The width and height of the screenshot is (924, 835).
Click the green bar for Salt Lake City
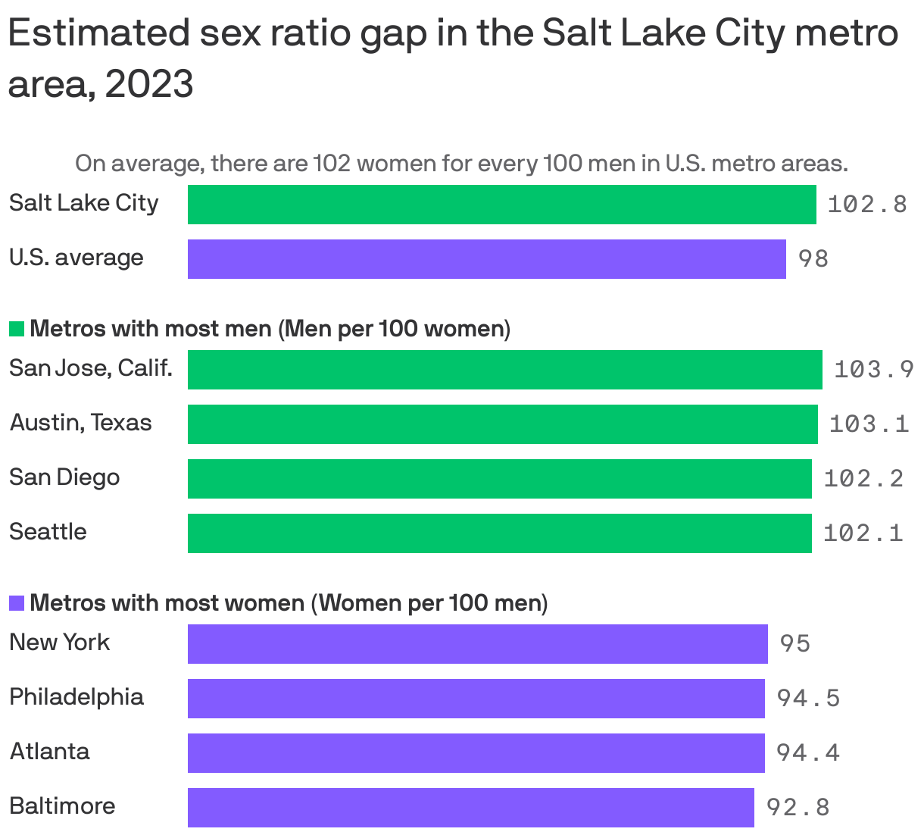(501, 205)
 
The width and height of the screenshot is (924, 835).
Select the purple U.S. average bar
(486, 259)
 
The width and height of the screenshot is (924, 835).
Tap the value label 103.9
(874, 370)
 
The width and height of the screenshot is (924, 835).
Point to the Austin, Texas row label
(81, 423)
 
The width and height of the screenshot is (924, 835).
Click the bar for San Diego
(499, 478)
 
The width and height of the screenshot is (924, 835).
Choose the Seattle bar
(499, 533)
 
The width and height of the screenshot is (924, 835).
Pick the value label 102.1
(863, 533)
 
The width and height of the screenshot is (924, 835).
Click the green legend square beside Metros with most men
(17, 329)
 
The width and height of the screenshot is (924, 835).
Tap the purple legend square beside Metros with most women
(17, 603)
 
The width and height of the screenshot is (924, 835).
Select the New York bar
(477, 643)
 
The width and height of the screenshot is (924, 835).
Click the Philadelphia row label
(76, 697)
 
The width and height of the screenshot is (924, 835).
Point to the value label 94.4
(808, 752)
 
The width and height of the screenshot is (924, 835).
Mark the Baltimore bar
(470, 807)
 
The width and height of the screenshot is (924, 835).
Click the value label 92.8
(798, 808)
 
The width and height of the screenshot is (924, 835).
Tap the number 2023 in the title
(149, 84)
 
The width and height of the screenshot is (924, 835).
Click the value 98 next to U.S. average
(813, 259)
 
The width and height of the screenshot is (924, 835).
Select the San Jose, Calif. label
(91, 368)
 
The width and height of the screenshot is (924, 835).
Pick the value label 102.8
(867, 205)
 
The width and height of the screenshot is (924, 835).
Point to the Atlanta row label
(50, 752)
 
